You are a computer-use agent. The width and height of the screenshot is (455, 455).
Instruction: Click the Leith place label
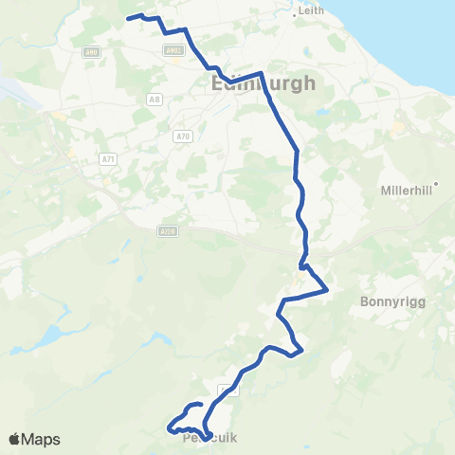[311, 12]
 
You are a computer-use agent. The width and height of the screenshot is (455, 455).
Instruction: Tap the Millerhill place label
[406, 190]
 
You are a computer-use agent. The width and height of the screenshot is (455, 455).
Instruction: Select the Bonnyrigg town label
[388, 303]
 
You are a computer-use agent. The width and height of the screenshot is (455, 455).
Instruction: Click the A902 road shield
[173, 50]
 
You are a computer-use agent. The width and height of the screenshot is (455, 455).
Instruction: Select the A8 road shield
[154, 99]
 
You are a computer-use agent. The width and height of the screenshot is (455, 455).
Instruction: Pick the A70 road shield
[183, 137]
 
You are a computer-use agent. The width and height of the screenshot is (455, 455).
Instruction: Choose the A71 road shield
[108, 159]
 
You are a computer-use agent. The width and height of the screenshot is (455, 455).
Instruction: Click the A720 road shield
[167, 229]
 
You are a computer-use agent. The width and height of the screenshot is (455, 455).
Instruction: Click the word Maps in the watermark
[43, 439]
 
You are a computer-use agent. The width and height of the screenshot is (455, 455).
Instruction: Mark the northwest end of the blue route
[128, 17]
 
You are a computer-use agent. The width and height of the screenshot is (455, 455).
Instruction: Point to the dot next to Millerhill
[436, 184]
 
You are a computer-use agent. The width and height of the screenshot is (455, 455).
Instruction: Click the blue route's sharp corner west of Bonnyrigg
[327, 290]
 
